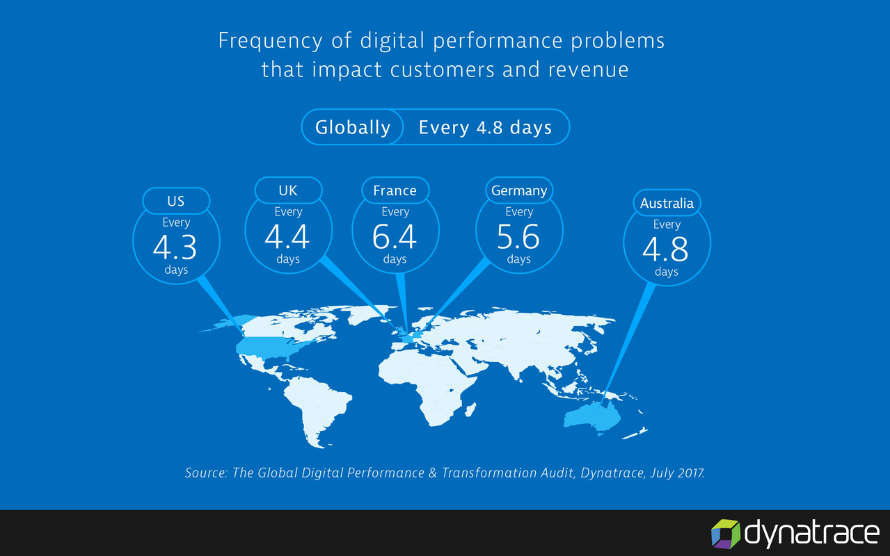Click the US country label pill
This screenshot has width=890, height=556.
(x=176, y=202)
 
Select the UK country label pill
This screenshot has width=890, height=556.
(x=288, y=190)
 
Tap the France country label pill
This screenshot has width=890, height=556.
(x=395, y=190)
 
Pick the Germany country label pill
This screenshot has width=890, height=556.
(x=519, y=190)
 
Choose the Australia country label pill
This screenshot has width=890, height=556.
(x=667, y=204)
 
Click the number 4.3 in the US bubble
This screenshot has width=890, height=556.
(x=175, y=247)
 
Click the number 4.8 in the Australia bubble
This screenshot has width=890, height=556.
(x=666, y=249)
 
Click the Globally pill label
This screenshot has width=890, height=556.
(x=353, y=128)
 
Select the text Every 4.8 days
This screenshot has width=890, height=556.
(x=485, y=128)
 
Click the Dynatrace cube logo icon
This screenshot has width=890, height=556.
(x=725, y=534)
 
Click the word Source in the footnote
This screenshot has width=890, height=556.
(x=206, y=473)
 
